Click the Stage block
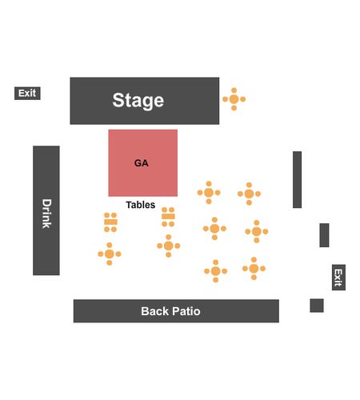pos(145,101)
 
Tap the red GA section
pos(143,163)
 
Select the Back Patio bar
pos(176,311)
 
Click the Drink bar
pos(46,210)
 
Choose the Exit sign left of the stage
pos(27,94)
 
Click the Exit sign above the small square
pos(338,278)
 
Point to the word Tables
pos(141,205)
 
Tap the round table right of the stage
pos(234,99)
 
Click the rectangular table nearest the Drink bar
pos(110,222)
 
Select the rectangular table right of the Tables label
pos(168,217)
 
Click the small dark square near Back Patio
pos(317,306)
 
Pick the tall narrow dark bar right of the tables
pos(298,179)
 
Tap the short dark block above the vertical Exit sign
pos(324,235)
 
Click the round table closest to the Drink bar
pos(110,254)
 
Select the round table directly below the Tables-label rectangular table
pos(169,246)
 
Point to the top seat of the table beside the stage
pos(234,90)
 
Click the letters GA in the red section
pos(142,163)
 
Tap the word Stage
pos(138,101)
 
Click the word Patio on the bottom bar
pos(186,311)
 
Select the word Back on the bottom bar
pos(155,311)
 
